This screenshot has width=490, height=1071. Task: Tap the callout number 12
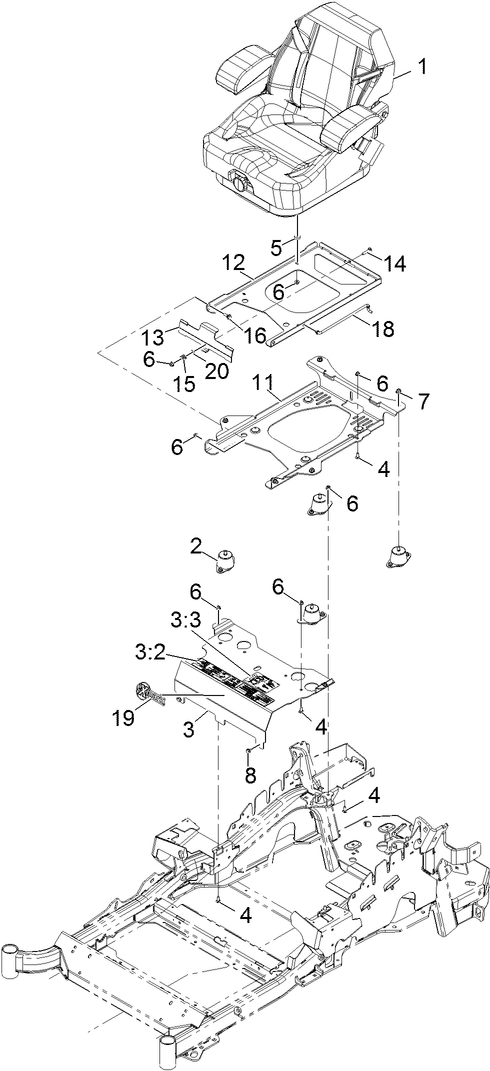coord(234,261)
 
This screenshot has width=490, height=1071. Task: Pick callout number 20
coord(219,368)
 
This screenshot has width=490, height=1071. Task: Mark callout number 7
coord(424,402)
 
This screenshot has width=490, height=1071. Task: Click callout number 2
coord(196,546)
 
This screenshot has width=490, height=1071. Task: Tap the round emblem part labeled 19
coord(145,691)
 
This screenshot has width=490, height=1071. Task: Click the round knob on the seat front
coord(239,183)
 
